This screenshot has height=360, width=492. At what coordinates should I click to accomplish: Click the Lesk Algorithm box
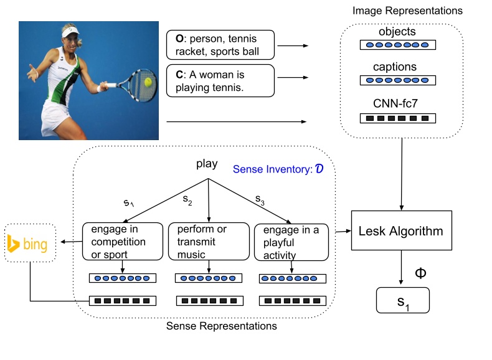(x=400, y=232)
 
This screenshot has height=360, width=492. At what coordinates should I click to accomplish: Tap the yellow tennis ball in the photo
(x=148, y=82)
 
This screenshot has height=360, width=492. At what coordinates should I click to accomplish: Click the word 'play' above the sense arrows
(x=207, y=165)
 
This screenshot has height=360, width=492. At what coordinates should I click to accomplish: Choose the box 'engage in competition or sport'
(x=122, y=242)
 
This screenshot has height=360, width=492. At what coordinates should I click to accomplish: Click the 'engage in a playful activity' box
(x=291, y=242)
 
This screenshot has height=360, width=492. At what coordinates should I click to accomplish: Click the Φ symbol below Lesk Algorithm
(x=420, y=273)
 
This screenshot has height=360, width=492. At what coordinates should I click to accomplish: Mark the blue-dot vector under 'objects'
(x=397, y=45)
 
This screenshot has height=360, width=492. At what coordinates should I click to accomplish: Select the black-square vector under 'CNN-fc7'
(x=397, y=118)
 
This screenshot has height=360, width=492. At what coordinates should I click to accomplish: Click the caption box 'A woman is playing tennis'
(x=220, y=81)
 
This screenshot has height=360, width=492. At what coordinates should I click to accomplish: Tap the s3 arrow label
(x=260, y=199)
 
